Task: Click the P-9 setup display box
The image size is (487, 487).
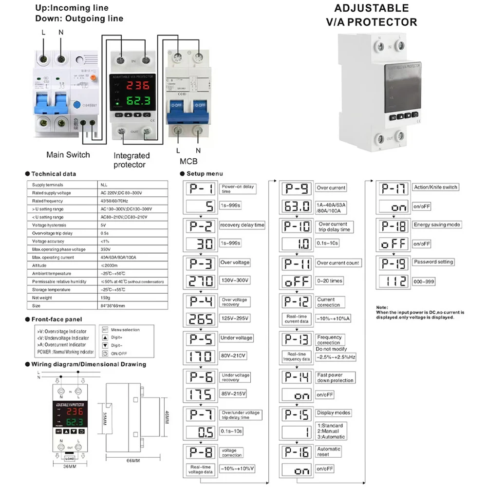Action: (x=298, y=188)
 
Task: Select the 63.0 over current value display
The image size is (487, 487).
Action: (x=298, y=206)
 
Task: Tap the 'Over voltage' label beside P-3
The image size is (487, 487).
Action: (x=236, y=262)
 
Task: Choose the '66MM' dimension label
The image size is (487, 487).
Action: (x=128, y=460)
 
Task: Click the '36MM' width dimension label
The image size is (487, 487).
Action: (x=69, y=467)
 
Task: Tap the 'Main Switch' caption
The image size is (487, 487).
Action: (x=68, y=155)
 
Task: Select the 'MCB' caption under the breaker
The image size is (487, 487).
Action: (x=188, y=162)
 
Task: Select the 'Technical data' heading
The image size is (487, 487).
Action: (x=54, y=174)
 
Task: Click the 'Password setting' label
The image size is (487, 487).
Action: (x=433, y=262)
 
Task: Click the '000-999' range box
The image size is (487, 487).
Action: (x=424, y=281)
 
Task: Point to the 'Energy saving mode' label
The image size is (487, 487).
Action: (x=437, y=225)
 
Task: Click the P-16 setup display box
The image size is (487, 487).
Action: (x=298, y=452)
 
